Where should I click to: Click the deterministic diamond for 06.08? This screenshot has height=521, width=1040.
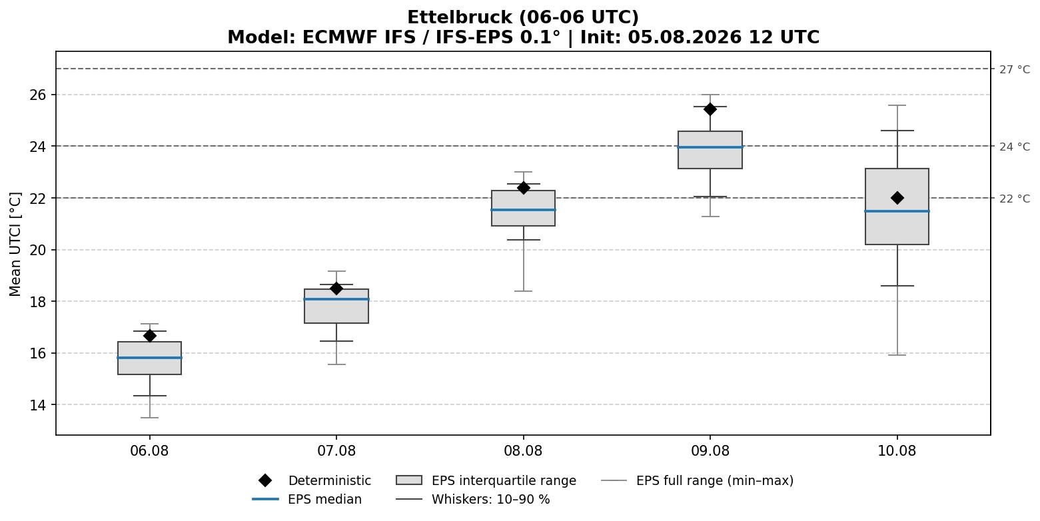(149, 336)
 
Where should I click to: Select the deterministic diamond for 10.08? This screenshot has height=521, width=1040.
(897, 198)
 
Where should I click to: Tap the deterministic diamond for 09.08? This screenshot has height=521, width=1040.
(710, 109)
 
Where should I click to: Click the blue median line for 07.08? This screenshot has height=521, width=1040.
(336, 299)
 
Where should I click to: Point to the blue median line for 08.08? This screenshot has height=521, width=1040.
(523, 210)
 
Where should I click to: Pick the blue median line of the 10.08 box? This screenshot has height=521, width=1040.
(897, 211)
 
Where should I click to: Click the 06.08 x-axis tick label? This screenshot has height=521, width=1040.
(149, 451)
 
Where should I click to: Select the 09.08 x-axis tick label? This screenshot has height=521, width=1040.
(710, 451)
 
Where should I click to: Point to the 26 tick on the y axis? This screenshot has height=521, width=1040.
(39, 95)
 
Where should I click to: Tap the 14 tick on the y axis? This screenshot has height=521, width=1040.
(39, 405)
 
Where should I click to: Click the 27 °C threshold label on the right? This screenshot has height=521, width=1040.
(1015, 70)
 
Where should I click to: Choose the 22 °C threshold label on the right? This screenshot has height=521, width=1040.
(1015, 199)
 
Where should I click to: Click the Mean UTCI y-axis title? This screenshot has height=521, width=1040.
(15, 245)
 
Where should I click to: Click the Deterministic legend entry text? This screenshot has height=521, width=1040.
(330, 480)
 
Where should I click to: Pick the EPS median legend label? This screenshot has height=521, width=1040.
(324, 499)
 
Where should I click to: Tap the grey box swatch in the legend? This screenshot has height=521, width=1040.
(409, 480)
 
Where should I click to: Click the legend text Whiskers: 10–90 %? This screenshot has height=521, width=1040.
(491, 499)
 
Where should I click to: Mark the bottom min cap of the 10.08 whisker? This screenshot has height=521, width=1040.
(897, 354)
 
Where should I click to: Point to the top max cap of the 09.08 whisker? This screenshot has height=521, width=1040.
(710, 95)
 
